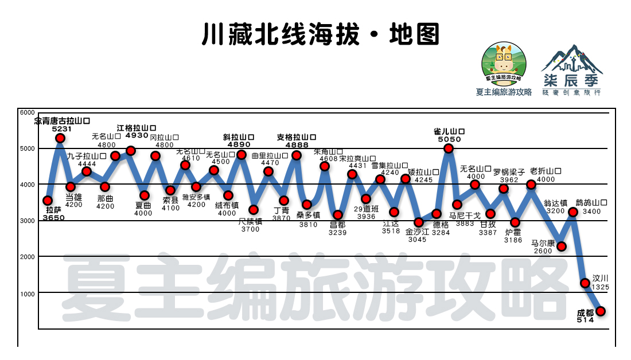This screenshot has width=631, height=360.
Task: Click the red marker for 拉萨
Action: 48,201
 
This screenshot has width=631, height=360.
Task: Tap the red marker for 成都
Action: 601,311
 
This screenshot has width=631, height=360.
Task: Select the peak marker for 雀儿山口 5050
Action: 449,148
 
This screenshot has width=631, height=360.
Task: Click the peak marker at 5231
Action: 60,138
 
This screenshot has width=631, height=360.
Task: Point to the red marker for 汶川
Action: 585,283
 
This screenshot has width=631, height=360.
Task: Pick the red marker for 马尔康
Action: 562,246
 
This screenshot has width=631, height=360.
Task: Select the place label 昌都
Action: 338,225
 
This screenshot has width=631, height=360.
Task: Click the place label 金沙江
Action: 417,232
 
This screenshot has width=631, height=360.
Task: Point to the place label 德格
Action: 441,225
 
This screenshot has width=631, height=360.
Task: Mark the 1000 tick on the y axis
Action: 28,294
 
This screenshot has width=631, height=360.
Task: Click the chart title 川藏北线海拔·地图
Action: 320,34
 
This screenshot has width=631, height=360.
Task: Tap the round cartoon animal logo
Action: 503,62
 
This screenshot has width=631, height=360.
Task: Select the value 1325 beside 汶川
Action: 601,287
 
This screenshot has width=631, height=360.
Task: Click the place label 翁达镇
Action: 555,203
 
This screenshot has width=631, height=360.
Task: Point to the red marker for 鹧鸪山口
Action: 572,212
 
